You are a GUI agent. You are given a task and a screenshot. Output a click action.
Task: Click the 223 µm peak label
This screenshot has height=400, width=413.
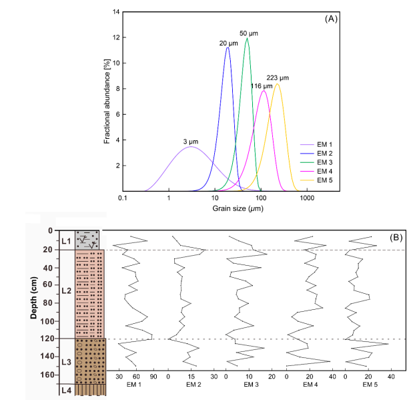(x=278, y=78)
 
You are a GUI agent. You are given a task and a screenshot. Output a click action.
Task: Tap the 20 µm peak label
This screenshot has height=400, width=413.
(x=228, y=43)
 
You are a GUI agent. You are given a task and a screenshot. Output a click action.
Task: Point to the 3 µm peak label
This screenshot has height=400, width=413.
(x=191, y=141)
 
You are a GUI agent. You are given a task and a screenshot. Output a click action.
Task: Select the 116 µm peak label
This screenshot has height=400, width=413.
(x=262, y=86)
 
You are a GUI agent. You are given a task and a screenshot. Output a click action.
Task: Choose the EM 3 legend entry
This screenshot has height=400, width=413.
(x=324, y=162)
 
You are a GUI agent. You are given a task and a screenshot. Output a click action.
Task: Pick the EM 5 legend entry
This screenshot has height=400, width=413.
(x=324, y=180)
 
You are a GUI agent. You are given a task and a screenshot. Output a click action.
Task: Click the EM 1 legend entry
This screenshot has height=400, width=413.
(x=324, y=143)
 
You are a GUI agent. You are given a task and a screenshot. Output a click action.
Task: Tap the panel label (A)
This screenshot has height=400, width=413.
(x=331, y=19)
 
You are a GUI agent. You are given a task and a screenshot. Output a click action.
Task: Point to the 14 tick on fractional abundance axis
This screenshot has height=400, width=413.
(x=116, y=13)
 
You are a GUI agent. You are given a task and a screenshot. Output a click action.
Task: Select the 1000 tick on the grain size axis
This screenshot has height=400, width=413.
(x=307, y=199)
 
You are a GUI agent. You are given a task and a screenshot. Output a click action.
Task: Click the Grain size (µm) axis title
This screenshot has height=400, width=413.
(x=214, y=210)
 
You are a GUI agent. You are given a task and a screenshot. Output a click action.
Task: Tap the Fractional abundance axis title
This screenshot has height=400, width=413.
(x=107, y=101)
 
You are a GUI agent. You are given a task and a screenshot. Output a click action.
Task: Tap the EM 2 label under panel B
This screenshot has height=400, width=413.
(x=193, y=385)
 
